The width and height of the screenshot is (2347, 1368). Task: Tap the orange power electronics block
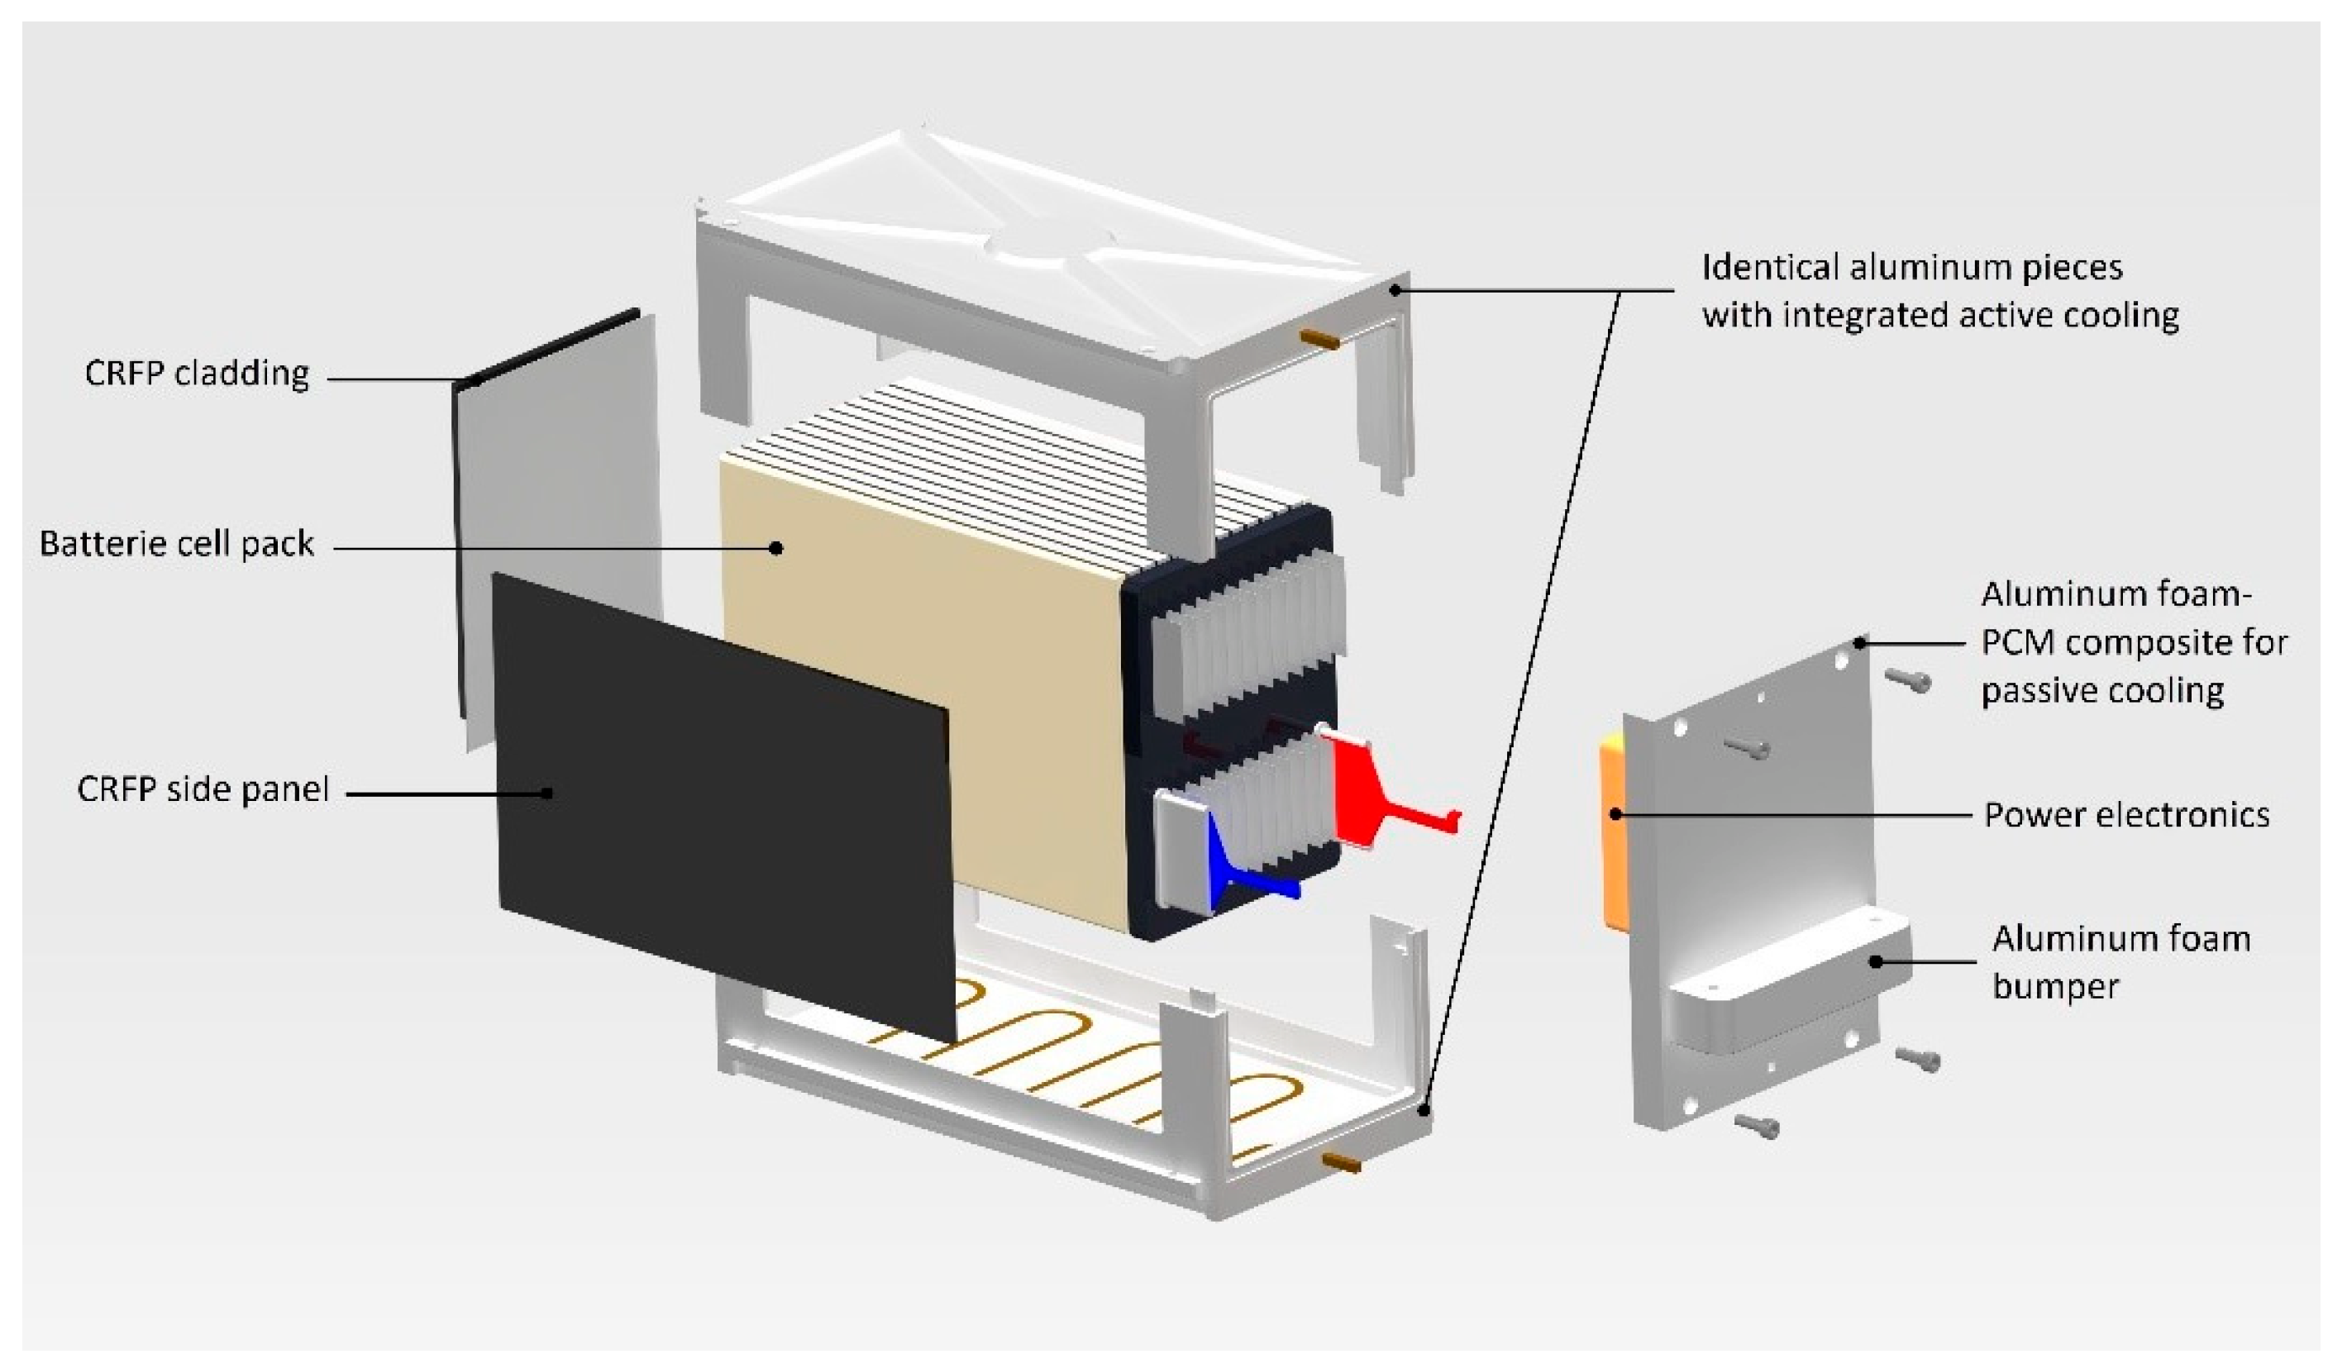tap(1610, 829)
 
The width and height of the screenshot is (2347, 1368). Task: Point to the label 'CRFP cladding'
tap(197, 374)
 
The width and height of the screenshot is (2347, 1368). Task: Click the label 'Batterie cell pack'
tap(177, 544)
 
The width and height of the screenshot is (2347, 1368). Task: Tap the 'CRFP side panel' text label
tap(203, 789)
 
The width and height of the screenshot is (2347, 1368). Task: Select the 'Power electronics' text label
tap(2126, 815)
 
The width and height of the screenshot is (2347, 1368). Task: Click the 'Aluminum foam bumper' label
tap(2120, 961)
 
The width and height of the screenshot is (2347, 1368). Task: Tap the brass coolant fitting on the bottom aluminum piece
tap(1341, 1162)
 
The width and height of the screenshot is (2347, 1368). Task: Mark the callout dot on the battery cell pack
tap(775, 547)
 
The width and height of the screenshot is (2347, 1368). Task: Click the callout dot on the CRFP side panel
tap(547, 793)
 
